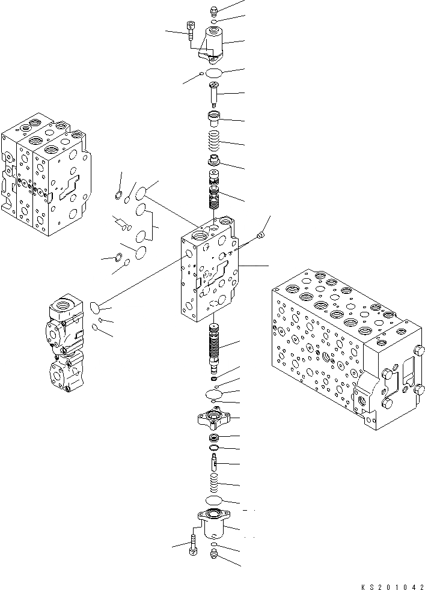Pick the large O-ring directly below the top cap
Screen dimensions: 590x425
[214, 73]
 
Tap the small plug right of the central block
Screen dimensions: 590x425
[261, 236]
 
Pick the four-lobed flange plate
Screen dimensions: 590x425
[213, 417]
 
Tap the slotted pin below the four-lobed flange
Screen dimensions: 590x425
[214, 463]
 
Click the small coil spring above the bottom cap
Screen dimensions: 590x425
[214, 484]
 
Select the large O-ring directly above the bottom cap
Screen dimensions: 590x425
[214, 501]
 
